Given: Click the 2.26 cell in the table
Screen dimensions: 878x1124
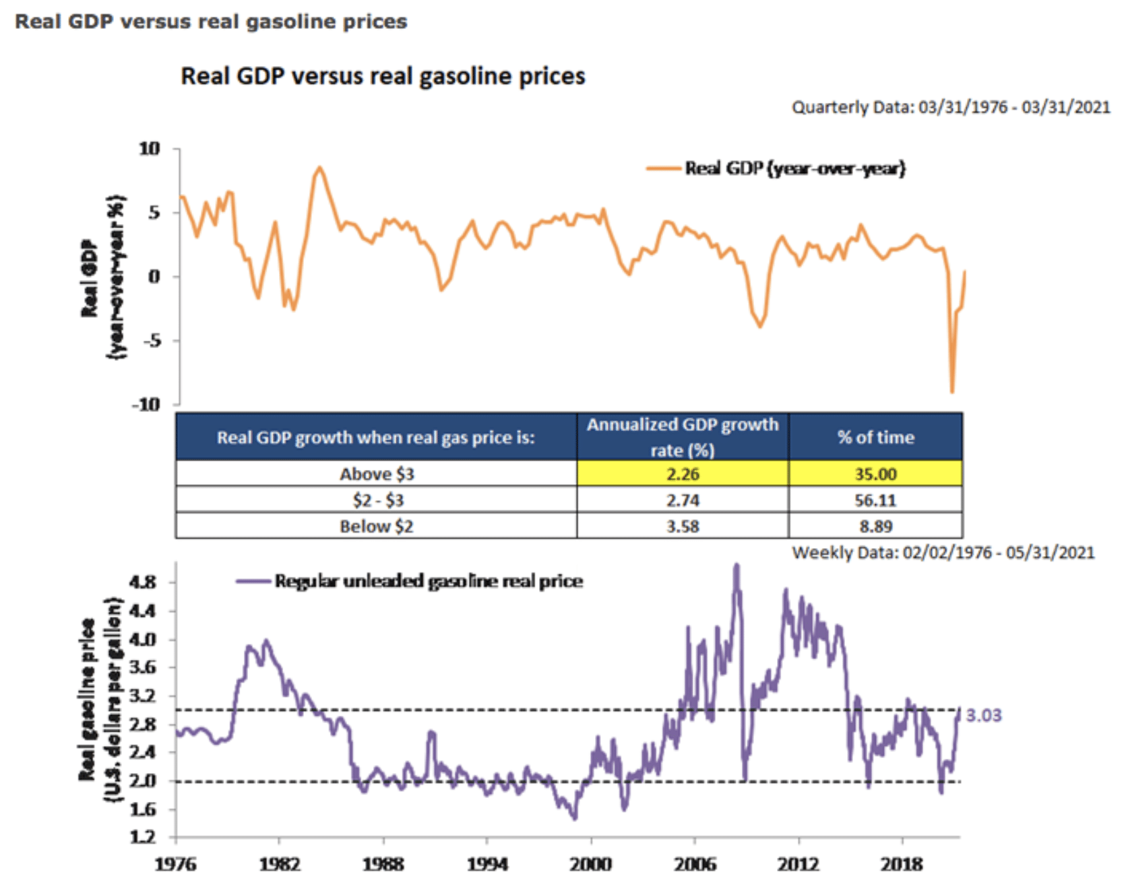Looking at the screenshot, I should (683, 474).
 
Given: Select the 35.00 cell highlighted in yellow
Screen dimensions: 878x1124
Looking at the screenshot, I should (875, 474).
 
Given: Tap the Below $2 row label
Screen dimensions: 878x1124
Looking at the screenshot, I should (376, 527).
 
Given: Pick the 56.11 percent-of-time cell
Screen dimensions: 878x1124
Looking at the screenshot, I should (875, 500).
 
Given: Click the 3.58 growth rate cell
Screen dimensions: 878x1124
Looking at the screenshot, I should (683, 527).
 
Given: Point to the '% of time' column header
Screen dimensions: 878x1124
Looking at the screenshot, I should (875, 438).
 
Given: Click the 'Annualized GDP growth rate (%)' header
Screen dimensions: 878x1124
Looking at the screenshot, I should (683, 437).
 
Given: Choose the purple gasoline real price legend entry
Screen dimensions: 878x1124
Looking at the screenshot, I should (410, 581).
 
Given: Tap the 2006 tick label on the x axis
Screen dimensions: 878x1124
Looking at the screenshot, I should (695, 864).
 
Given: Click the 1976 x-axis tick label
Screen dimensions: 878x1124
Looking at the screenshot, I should (176, 864).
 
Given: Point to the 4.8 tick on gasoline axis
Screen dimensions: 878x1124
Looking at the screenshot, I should (142, 582).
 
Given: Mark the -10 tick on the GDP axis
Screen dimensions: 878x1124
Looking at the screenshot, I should (146, 405).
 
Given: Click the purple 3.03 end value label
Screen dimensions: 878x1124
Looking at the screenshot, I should (983, 715).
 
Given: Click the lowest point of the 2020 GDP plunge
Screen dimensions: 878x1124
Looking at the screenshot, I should (952, 392).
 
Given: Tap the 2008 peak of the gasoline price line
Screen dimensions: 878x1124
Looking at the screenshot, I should (736, 566).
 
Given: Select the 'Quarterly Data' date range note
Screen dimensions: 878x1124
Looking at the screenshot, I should (950, 107).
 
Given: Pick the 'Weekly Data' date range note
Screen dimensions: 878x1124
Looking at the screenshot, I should (943, 553).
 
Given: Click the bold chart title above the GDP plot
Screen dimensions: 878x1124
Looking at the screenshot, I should (383, 76).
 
